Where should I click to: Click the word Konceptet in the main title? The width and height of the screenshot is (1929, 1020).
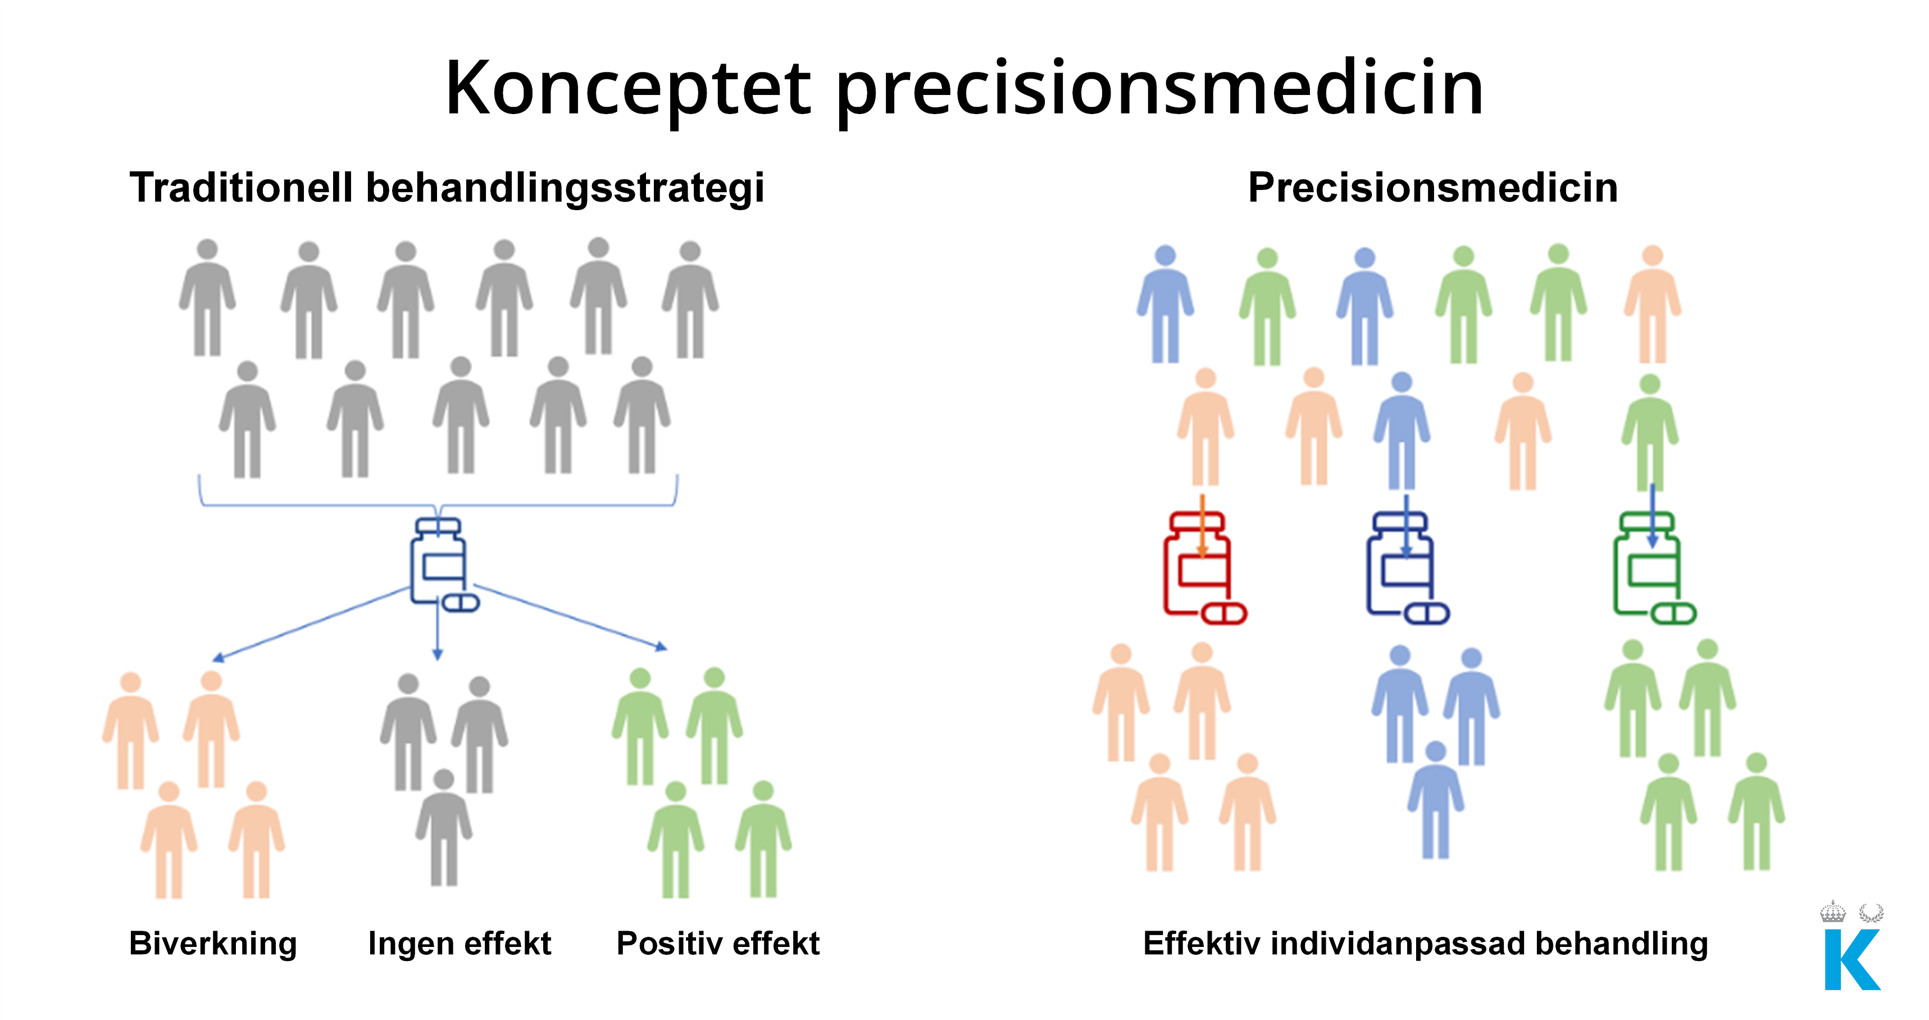coord(628,88)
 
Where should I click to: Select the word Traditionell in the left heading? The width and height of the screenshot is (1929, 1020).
coord(241,187)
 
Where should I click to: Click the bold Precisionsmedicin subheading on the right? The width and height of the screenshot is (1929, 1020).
coord(1432,187)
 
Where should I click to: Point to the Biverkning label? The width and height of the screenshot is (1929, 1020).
coord(213,944)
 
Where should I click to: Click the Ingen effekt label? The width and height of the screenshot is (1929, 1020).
coord(460,943)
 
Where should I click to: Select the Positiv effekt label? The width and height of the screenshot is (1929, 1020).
coord(717,943)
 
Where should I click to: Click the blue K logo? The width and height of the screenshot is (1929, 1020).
coord(1853,959)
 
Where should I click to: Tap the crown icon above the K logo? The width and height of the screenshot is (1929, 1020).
coord(1833,912)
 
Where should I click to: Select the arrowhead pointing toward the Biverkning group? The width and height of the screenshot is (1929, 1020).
coord(218,658)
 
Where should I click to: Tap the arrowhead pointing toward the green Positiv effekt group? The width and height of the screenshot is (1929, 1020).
coord(661,646)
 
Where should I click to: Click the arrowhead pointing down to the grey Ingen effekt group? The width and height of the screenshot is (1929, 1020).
coord(438,655)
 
